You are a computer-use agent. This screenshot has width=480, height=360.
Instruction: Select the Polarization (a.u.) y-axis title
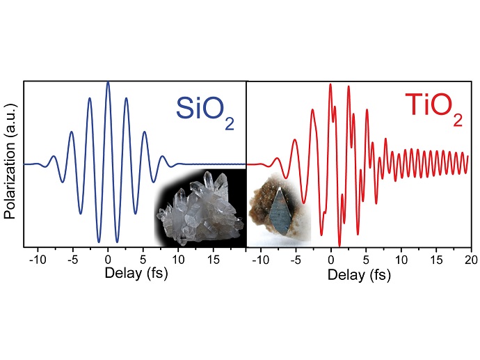10,164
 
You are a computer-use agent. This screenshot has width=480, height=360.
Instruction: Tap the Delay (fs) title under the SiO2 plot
136,272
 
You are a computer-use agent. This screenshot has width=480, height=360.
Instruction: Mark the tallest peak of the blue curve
108,82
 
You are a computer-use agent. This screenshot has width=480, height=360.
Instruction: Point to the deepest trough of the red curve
339,245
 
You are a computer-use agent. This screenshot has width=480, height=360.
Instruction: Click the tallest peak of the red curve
330,85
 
